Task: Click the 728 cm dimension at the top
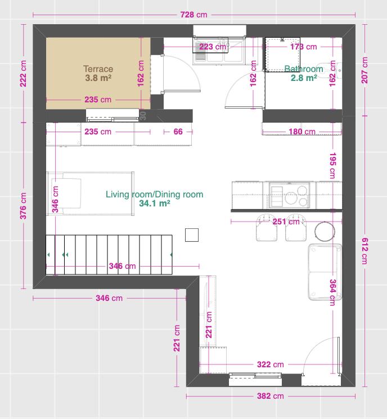click(x=193, y=15)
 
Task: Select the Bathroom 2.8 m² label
click(x=304, y=74)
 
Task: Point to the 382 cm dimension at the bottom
click(x=270, y=396)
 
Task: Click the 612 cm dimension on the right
click(x=365, y=251)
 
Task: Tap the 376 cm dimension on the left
click(x=23, y=206)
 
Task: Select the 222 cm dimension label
click(x=23, y=74)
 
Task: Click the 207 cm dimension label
click(x=365, y=70)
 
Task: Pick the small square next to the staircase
click(x=192, y=235)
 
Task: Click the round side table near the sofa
click(x=325, y=231)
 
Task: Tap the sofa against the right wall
click(x=325, y=272)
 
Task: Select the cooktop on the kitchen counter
click(x=290, y=195)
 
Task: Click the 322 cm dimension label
click(x=270, y=364)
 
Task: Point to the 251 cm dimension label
click(x=286, y=222)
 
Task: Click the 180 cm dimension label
click(x=302, y=132)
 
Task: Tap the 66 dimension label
click(x=178, y=132)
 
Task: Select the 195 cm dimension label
click(x=333, y=166)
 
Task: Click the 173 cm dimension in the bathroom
click(x=304, y=47)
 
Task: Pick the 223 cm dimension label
click(x=213, y=47)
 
